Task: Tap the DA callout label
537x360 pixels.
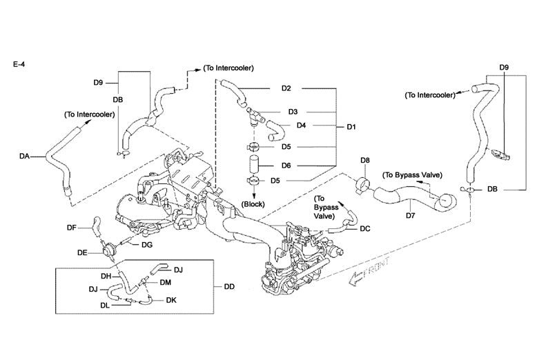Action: coord(25,157)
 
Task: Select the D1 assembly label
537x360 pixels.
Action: coord(351,127)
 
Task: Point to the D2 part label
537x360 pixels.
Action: coord(286,89)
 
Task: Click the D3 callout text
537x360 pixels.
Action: coord(293,111)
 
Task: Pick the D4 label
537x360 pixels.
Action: coord(301,125)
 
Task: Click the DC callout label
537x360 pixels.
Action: coord(365,228)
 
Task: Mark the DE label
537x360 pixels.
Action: coord(81,253)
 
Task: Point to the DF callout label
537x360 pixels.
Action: coord(71,227)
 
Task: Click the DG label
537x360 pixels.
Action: coord(147,245)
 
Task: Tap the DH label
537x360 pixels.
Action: coord(106,276)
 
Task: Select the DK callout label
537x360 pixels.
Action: coord(171,301)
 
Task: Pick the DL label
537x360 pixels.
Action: coord(104,305)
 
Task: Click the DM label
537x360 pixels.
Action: coord(166,282)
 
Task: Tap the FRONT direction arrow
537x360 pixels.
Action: coord(370,270)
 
